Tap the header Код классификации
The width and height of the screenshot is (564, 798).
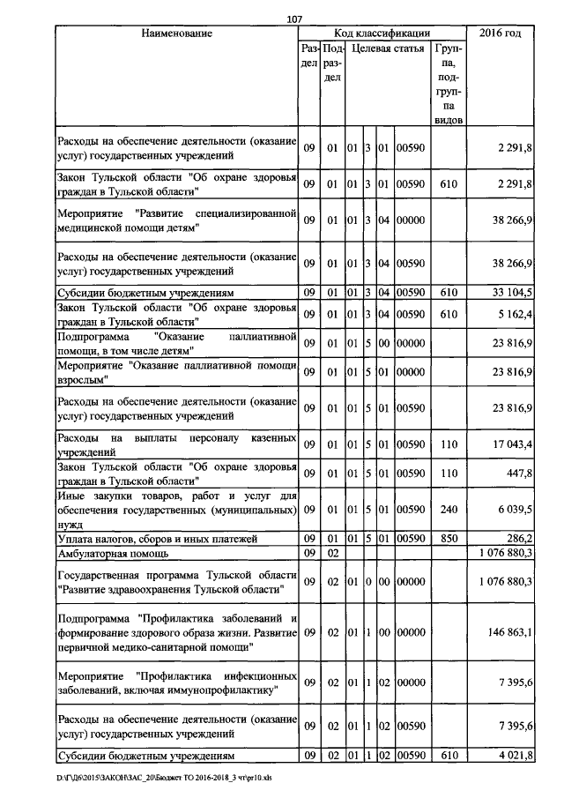click(x=382, y=34)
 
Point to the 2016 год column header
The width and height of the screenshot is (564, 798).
click(x=500, y=34)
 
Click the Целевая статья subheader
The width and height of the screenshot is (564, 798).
click(x=387, y=50)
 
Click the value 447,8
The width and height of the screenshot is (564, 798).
click(x=516, y=472)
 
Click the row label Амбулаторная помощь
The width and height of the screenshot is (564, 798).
click(x=113, y=553)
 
